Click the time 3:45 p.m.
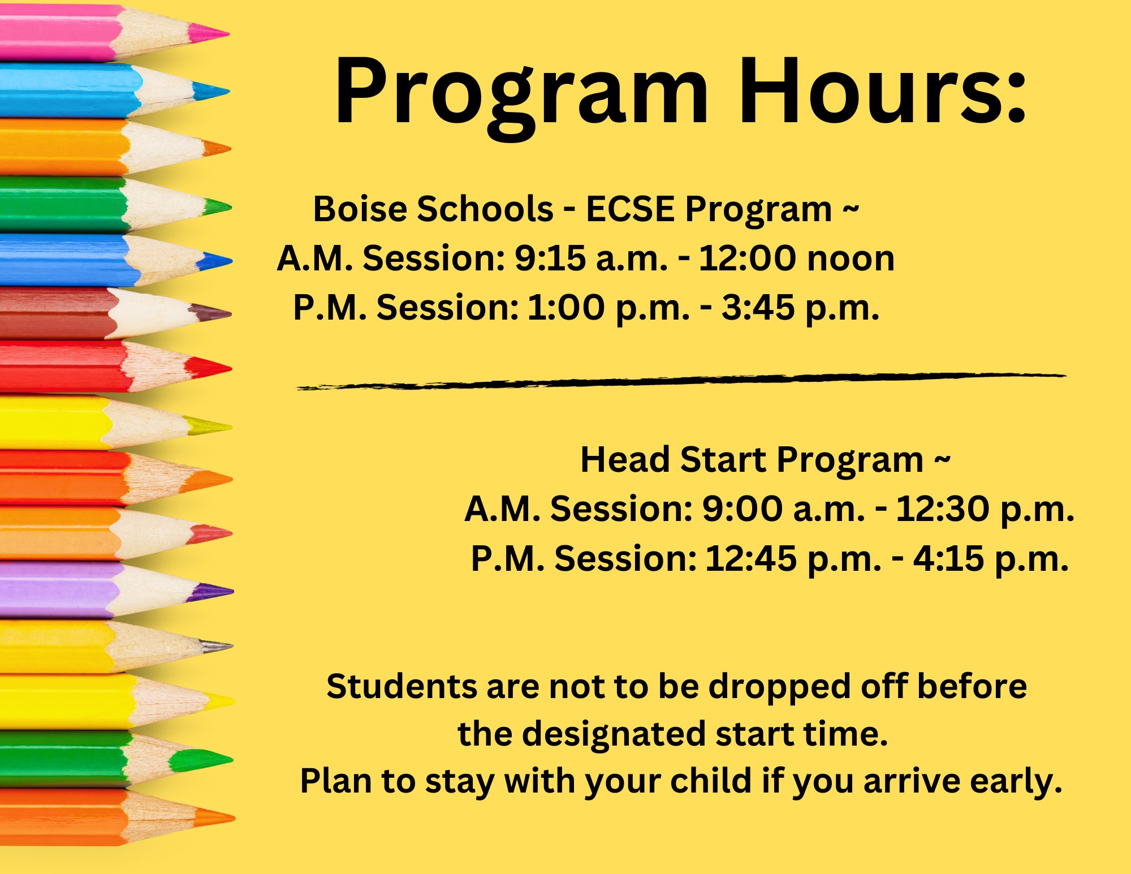(800, 308)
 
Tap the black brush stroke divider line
(679, 381)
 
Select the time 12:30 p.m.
(985, 509)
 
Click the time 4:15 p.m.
(990, 559)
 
